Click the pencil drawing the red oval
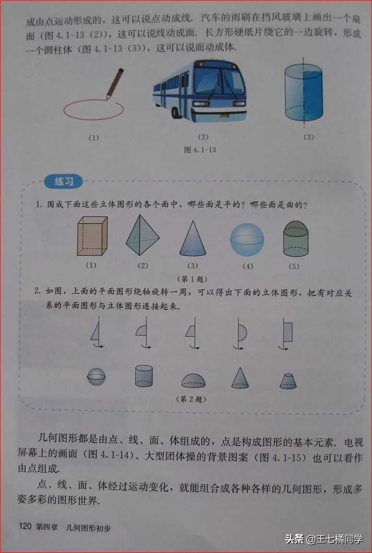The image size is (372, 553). coord(114,83)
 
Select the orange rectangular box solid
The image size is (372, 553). coord(92,236)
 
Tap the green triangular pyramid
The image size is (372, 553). coord(143,236)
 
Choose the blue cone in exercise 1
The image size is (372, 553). coord(193,238)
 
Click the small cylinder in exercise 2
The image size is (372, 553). coord(144,376)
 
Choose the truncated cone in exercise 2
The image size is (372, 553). coord(288,381)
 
